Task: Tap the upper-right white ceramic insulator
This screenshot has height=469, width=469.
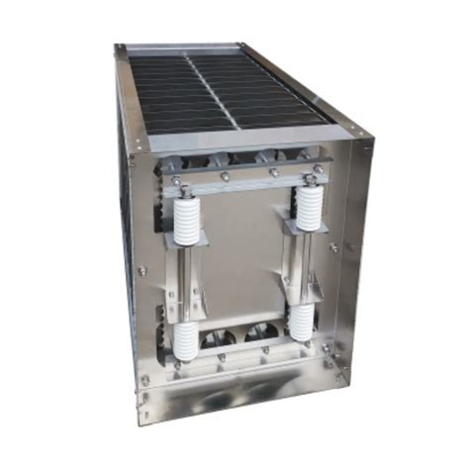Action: coord(309,208)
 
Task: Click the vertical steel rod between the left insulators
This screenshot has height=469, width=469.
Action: coord(186,282)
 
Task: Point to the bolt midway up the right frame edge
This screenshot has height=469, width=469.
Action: coord(334,247)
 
